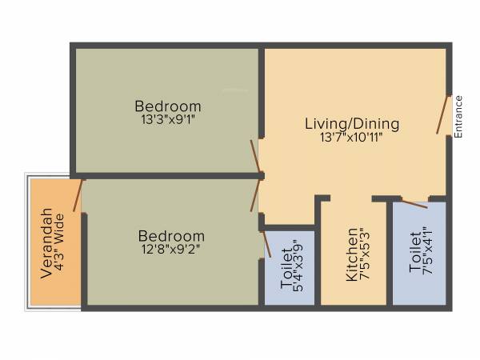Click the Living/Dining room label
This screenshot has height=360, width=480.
(351, 124)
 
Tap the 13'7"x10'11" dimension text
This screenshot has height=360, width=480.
(351, 137)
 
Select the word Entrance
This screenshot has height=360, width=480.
(458, 117)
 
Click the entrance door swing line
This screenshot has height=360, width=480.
(442, 114)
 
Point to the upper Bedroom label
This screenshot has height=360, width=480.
(167, 106)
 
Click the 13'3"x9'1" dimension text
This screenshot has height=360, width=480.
(167, 119)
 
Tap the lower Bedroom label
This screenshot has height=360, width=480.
(171, 236)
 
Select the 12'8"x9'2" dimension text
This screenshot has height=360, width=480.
(171, 249)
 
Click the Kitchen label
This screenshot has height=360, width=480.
(352, 254)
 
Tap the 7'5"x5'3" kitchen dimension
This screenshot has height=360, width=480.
(366, 254)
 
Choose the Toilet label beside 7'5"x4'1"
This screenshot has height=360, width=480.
(414, 253)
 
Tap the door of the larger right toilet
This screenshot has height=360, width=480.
(414, 204)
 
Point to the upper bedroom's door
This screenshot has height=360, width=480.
(255, 157)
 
